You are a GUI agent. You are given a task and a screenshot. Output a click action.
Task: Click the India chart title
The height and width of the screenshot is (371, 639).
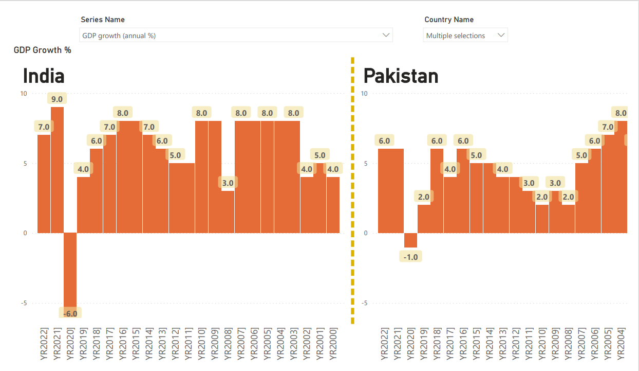point(44,76)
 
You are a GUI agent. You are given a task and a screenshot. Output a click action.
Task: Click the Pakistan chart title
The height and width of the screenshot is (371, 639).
point(401,76)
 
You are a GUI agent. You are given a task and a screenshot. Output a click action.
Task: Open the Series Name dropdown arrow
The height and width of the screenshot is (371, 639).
point(386,35)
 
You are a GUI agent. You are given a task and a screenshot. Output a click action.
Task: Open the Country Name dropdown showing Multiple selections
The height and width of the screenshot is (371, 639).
point(465,36)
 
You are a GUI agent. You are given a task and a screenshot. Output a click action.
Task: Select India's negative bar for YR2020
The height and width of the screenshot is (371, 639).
point(70,270)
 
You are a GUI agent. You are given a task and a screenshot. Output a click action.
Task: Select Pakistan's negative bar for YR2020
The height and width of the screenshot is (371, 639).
point(410,240)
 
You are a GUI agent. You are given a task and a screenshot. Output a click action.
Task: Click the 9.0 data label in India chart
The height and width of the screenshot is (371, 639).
point(57,99)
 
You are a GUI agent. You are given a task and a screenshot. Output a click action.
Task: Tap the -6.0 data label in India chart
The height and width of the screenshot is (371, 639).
point(70,313)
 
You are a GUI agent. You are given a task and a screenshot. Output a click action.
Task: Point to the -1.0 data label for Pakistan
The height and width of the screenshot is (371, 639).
point(410,257)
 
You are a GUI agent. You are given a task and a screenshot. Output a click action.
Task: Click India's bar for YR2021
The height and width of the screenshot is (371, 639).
point(57,170)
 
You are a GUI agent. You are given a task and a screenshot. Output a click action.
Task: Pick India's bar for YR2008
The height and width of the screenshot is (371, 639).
point(228,211)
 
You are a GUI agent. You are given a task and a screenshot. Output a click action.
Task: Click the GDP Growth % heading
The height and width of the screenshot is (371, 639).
point(42,50)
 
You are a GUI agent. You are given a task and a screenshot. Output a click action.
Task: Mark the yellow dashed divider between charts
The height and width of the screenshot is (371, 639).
point(353,190)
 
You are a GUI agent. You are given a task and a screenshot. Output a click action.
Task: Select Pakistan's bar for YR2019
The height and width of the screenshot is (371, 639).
point(424,219)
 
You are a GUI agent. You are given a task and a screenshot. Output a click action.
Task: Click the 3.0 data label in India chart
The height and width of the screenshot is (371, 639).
point(228,182)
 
